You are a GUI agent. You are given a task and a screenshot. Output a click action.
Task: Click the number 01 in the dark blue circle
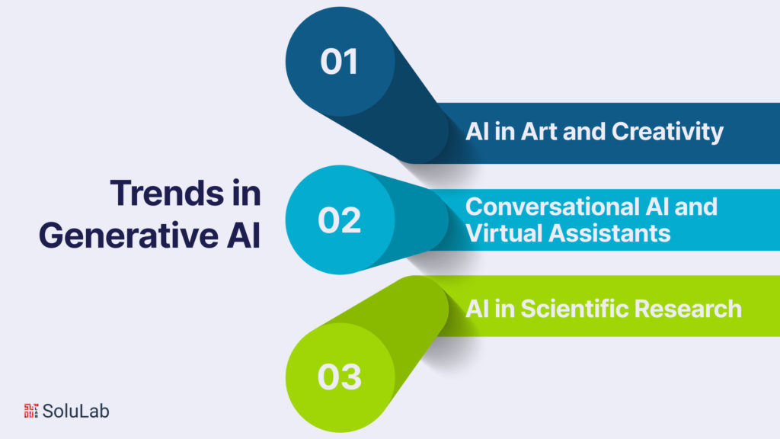(339, 62)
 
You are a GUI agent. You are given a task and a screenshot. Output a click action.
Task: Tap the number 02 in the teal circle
(339, 220)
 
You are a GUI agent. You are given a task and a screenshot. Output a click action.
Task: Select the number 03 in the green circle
(339, 377)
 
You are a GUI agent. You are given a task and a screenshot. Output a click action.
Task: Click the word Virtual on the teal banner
(499, 232)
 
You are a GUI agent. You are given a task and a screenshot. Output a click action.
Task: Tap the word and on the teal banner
(697, 207)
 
